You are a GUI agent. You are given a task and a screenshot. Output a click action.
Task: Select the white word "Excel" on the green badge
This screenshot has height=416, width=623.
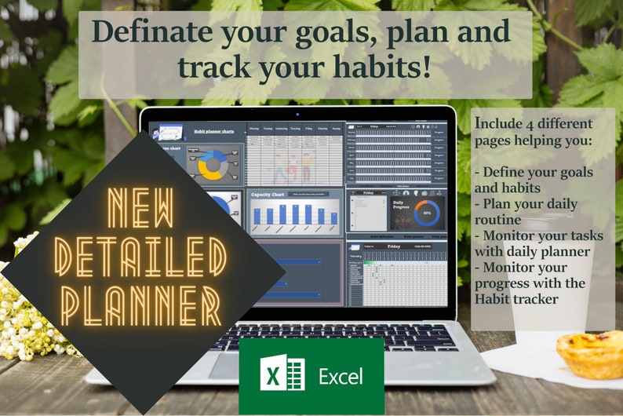coord(341,377)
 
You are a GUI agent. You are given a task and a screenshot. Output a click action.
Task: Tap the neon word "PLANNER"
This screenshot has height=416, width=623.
coord(141,301)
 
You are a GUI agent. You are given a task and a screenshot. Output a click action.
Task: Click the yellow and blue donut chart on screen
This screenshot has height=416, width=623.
coord(211,165)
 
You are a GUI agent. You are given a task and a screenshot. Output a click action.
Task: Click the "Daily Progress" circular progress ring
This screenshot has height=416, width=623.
coord(428,211)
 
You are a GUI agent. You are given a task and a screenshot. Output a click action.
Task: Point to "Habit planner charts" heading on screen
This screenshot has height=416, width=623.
coord(214,133)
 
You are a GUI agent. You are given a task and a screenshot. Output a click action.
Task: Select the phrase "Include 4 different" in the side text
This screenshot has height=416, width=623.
coord(534,124)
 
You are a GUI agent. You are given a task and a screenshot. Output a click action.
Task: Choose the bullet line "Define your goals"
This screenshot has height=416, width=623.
coord(538,172)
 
